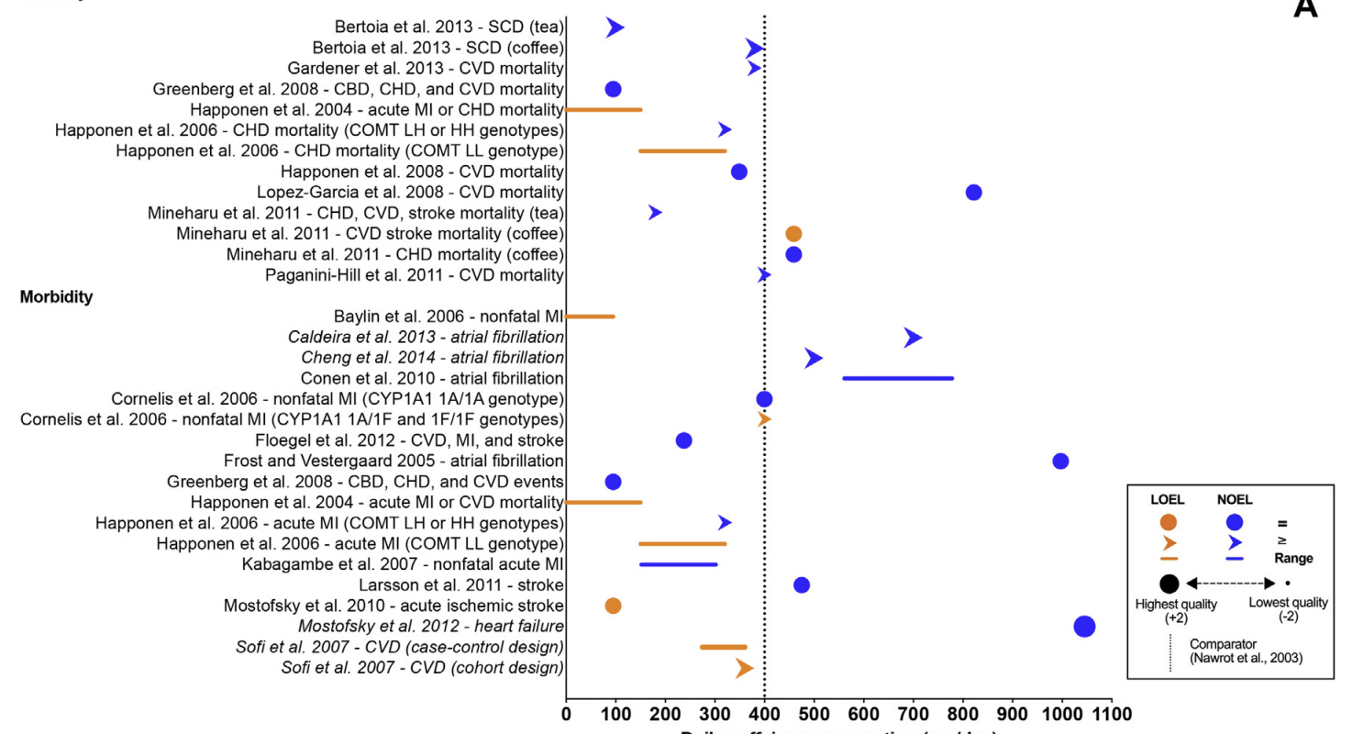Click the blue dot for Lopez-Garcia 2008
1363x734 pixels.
pyautogui.click(x=973, y=193)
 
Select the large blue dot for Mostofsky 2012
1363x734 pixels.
pyautogui.click(x=1084, y=627)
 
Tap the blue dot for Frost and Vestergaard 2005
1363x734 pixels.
pyautogui.click(x=1060, y=461)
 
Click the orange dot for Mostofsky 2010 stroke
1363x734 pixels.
pyautogui.click(x=613, y=606)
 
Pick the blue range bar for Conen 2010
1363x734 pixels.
pyautogui.click(x=897, y=378)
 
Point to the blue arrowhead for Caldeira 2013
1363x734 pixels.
pyautogui.click(x=912, y=338)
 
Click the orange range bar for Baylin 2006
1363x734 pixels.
pyautogui.click(x=590, y=317)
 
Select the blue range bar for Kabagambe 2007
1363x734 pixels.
pyautogui.click(x=678, y=564)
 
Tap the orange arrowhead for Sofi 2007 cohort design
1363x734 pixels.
pyautogui.click(x=744, y=669)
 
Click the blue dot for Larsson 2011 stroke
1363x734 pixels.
pyautogui.click(x=801, y=585)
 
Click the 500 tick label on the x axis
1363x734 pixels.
pyautogui.click(x=814, y=714)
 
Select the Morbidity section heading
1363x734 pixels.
pyautogui.click(x=56, y=296)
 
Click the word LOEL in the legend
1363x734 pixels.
pyautogui.click(x=1168, y=500)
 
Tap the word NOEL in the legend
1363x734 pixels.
pyautogui.click(x=1234, y=500)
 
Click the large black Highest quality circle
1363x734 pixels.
pyautogui.click(x=1169, y=583)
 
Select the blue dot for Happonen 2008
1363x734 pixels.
pyautogui.click(x=738, y=172)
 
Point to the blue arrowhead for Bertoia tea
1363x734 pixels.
pyautogui.click(x=615, y=28)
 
